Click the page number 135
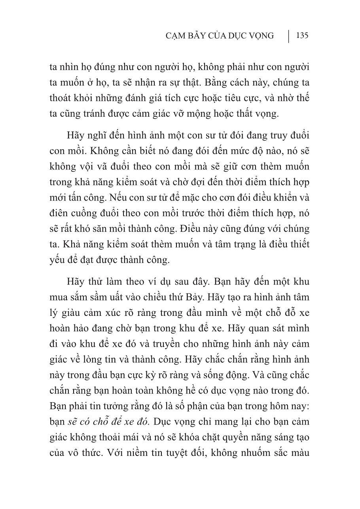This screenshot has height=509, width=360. click(302, 36)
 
